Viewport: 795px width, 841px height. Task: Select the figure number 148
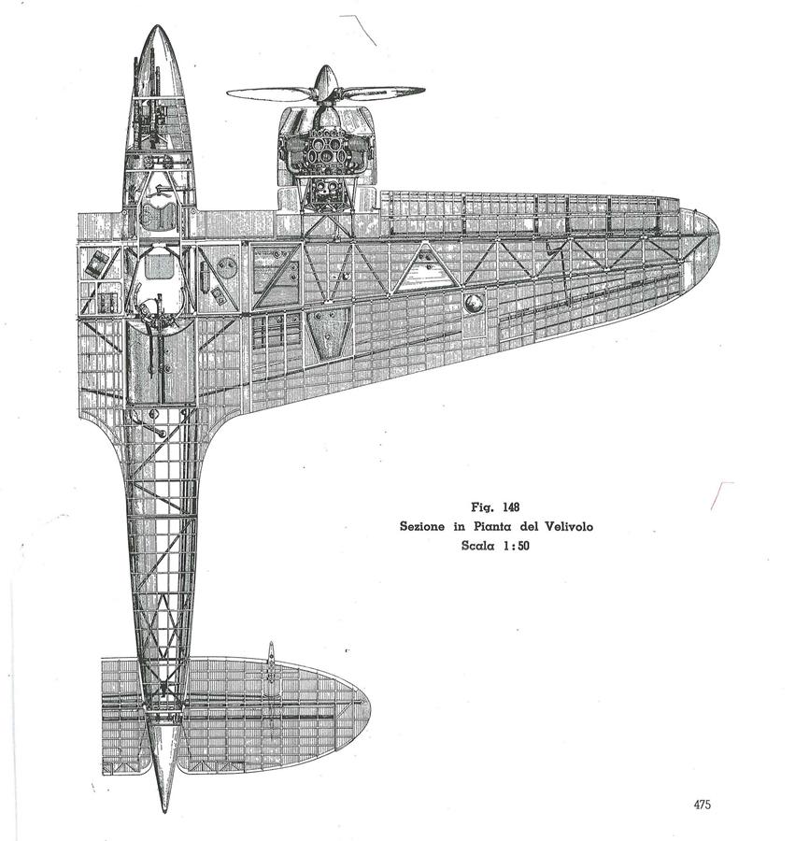(x=511, y=506)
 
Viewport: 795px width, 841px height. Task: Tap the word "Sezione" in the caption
(x=422, y=527)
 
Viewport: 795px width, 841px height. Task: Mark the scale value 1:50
(x=517, y=546)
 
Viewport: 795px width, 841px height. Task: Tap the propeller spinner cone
(x=324, y=83)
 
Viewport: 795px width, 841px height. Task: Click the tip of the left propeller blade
(x=228, y=93)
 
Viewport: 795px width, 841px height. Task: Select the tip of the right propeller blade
(x=423, y=91)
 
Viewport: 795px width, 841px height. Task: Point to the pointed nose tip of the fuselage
(x=157, y=26)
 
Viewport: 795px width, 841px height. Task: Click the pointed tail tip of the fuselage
(x=165, y=811)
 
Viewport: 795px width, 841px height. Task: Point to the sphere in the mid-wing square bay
(x=474, y=304)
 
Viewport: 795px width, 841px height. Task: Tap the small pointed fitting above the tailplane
(x=271, y=650)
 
